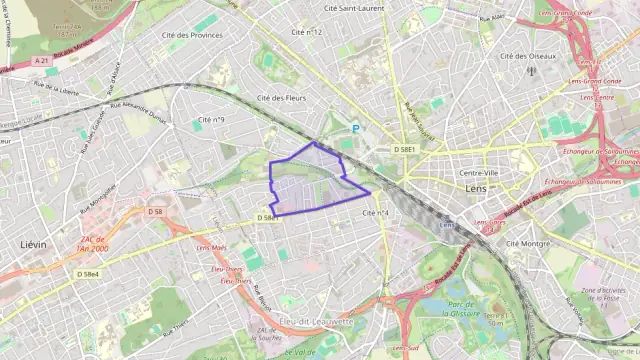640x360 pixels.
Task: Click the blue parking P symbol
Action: [x=355, y=128]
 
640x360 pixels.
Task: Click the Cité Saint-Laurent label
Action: [x=354, y=8]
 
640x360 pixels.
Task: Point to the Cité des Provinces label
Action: [x=192, y=35]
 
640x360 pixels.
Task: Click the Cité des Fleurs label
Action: [x=281, y=98]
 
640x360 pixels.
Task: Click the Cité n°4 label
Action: [x=376, y=213]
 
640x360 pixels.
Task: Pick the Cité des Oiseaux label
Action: [x=527, y=56]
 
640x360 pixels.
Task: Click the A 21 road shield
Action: [x=41, y=61]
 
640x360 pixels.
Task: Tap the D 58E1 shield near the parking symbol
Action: [x=404, y=148]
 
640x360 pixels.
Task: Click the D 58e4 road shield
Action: [x=88, y=274]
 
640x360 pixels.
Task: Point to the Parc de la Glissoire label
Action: [x=462, y=307]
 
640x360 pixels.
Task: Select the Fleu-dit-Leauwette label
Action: [x=318, y=322]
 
